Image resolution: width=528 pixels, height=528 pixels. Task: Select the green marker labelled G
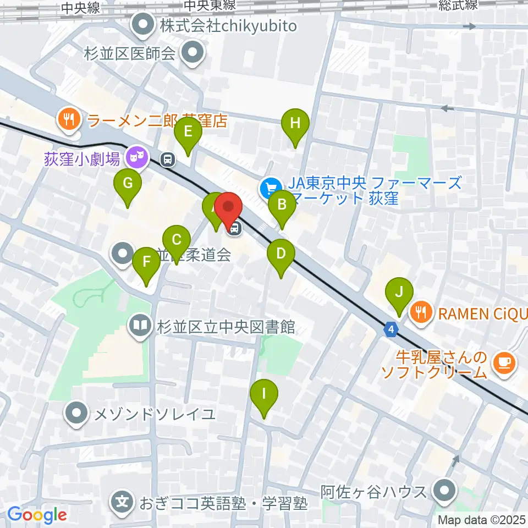[128, 184]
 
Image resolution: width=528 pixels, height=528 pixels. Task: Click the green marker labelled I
[264, 394]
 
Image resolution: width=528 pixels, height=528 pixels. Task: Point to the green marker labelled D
[281, 255]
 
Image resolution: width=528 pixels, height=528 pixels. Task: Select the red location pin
[228, 208]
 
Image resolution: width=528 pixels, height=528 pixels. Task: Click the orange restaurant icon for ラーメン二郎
[69, 119]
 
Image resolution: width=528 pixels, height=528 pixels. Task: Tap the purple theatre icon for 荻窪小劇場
[135, 159]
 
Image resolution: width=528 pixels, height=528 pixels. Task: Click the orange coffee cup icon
[504, 362]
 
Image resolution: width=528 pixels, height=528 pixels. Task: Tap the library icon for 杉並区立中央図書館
[139, 327]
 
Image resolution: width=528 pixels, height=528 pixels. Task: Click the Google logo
[37, 515]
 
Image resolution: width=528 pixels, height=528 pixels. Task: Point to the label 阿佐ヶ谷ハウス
[374, 491]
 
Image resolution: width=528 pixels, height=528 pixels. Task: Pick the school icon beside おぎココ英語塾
[122, 502]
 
